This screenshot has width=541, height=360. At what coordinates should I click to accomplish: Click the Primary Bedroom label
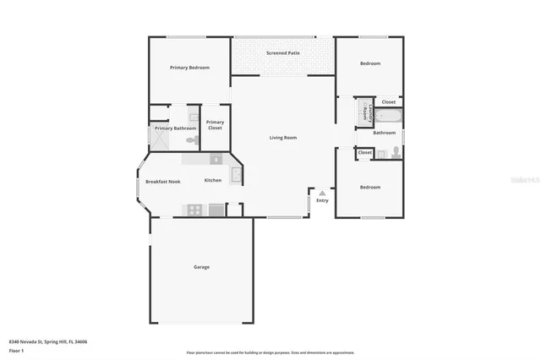coord(189,68)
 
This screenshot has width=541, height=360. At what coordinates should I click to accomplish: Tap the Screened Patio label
coord(282,53)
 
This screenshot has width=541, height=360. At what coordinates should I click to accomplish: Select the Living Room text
coord(283,137)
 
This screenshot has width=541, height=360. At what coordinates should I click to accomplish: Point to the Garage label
coord(201,267)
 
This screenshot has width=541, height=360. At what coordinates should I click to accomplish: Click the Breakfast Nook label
coord(162,182)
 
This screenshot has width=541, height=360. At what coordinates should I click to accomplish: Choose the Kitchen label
coord(213,181)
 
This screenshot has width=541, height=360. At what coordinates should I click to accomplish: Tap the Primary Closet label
coord(215,125)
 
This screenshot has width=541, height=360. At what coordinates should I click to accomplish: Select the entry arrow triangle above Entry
coord(321,193)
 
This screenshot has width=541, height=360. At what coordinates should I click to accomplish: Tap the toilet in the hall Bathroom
coord(396,153)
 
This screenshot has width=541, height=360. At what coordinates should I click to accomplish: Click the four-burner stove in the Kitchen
coord(195,210)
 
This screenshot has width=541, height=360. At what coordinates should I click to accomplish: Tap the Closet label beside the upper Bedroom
coord(388,101)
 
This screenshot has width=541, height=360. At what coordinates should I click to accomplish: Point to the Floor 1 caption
coord(17,349)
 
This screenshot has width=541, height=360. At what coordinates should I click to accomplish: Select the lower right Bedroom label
coord(370,187)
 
